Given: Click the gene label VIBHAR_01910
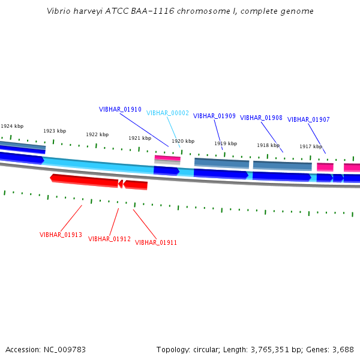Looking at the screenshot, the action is coord(120,110).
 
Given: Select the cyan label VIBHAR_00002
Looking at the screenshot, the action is coord(167,113).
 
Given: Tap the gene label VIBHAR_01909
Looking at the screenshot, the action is coord(214,116).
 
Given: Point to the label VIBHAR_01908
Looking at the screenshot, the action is coord(261,118).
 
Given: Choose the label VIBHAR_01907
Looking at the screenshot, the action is coord(308,119).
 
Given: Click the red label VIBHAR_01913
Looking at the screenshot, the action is coord(61,235).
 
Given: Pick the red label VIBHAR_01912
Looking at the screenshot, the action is coord(109,239).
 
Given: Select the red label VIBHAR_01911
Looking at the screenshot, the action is coord(156,242).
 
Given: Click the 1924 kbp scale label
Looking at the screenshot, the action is coord(12,126).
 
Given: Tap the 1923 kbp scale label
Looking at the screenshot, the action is coord(55,131).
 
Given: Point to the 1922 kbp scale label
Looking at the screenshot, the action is coord(97,134).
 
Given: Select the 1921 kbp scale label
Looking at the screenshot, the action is coord(140,138).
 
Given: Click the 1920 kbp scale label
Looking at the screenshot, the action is coord(183,141).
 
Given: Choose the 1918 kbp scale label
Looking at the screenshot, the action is coord(268,145).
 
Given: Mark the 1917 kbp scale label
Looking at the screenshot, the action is coord(311,146).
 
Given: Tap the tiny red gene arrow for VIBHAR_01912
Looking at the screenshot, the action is coord(121,183).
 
